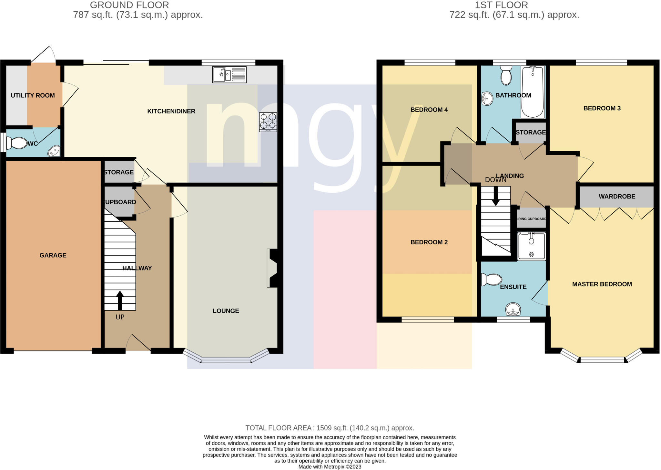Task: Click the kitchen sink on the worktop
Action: tap(229, 75)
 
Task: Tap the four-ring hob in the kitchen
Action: tap(268, 122)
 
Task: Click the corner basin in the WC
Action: tap(54, 151)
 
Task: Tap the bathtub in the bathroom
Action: tap(533, 92)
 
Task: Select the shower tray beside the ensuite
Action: tap(531, 246)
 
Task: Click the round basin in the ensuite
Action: tap(513, 309)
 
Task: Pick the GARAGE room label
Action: tap(53, 255)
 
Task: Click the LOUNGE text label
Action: tap(226, 311)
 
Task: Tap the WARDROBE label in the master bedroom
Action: tap(617, 197)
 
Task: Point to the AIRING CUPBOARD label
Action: tap(532, 219)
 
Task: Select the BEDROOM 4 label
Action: tap(429, 110)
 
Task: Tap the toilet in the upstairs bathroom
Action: tap(506, 75)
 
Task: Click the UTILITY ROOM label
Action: tap(33, 95)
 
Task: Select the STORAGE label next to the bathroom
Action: tap(530, 133)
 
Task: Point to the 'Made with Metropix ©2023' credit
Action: tap(330, 467)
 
